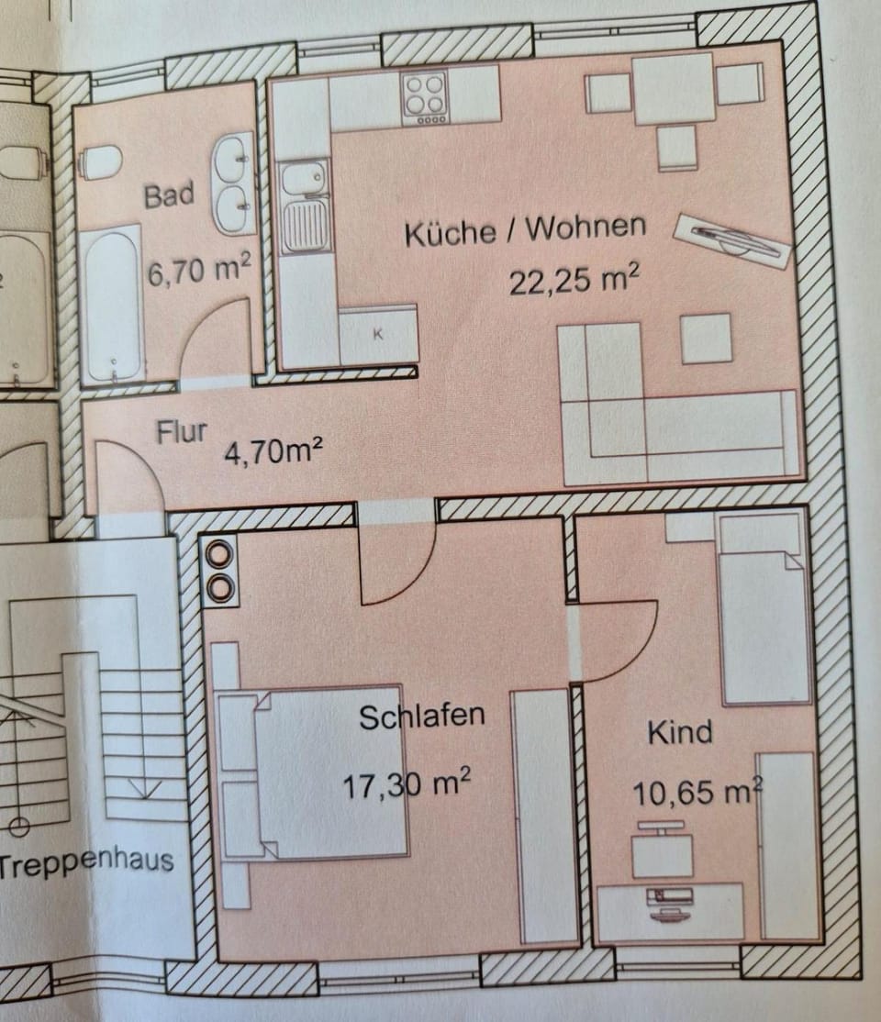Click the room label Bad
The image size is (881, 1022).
click(169, 194)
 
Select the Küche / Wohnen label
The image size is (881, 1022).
click(525, 229)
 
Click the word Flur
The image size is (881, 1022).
click(181, 431)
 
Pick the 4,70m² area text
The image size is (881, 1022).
click(273, 450)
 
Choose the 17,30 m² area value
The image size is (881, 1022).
click(407, 784)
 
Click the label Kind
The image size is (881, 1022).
click(680, 732)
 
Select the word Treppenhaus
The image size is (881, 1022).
click(87, 863)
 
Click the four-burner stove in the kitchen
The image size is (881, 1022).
click(425, 98)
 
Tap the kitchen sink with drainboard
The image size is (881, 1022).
click(305, 206)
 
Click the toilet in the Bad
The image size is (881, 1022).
click(100, 163)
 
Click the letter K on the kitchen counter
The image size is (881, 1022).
click(377, 334)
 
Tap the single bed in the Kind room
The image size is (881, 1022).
click(763, 610)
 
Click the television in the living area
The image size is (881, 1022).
click(732, 241)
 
